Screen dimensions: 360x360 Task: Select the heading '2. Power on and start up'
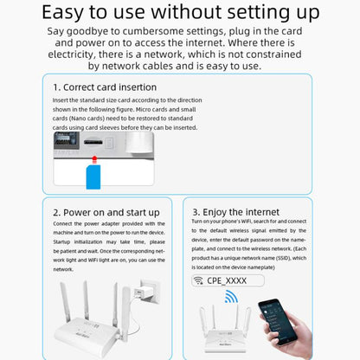106,212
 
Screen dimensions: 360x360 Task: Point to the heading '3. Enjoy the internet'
236,212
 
